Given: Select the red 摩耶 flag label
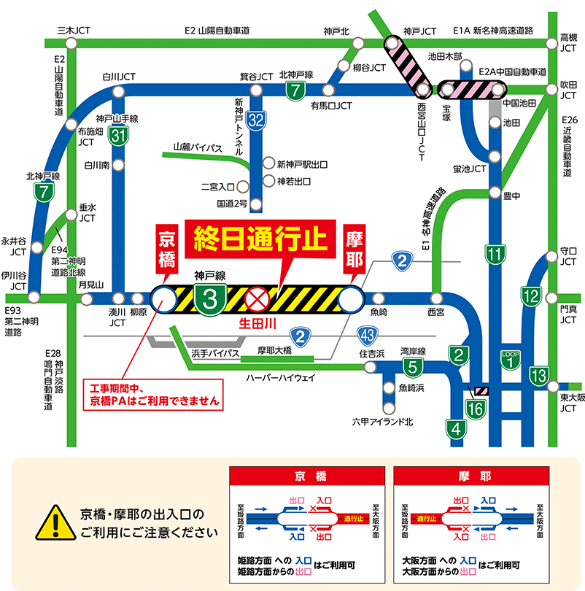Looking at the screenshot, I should tap(354, 249).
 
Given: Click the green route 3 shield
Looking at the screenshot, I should tap(210, 299).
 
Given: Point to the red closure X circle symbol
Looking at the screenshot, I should tap(257, 298).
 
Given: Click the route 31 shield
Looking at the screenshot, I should tap(119, 134).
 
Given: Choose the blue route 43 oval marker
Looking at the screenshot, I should tap(367, 334).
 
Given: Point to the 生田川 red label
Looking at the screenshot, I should tap(257, 321).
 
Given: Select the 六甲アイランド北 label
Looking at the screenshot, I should tap(382, 422).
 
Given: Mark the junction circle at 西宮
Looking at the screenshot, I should tap(436, 298).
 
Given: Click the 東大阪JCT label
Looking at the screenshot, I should tap(568, 403).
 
